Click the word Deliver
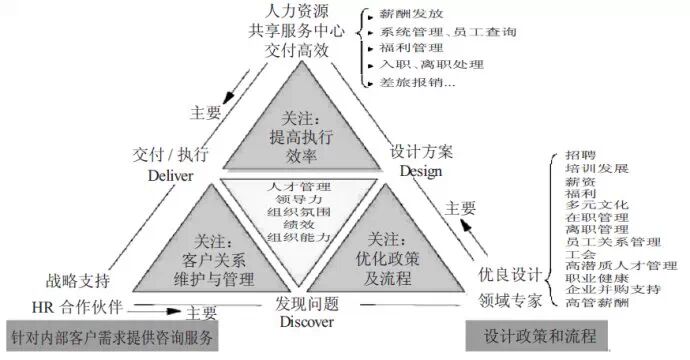[169, 174]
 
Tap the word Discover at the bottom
[307, 321]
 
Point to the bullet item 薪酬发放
[409, 16]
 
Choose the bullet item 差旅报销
[413, 82]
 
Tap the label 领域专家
[510, 298]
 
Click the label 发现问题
[307, 303]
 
